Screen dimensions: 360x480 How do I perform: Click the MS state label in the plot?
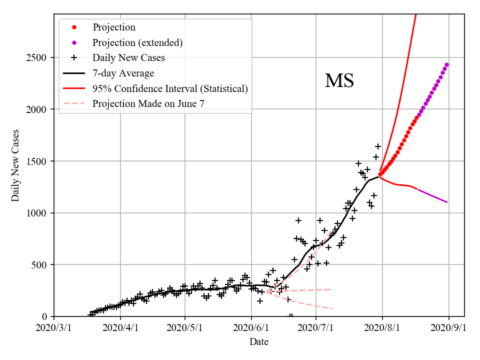click(x=339, y=81)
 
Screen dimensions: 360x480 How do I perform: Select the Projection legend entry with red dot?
click(x=113, y=27)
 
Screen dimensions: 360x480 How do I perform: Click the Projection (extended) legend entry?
click(x=137, y=42)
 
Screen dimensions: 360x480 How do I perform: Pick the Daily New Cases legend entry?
click(x=128, y=57)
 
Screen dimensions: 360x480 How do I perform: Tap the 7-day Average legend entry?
click(x=123, y=73)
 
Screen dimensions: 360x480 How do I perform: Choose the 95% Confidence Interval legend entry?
click(x=170, y=88)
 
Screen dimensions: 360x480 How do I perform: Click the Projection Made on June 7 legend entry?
click(x=148, y=104)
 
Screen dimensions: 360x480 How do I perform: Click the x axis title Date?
click(x=259, y=342)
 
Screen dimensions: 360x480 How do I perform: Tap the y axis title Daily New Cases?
click(x=15, y=165)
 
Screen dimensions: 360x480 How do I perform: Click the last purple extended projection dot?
click(x=446, y=64)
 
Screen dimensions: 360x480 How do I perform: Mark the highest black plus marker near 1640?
click(x=378, y=146)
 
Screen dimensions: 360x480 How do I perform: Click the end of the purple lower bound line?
click(x=447, y=202)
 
